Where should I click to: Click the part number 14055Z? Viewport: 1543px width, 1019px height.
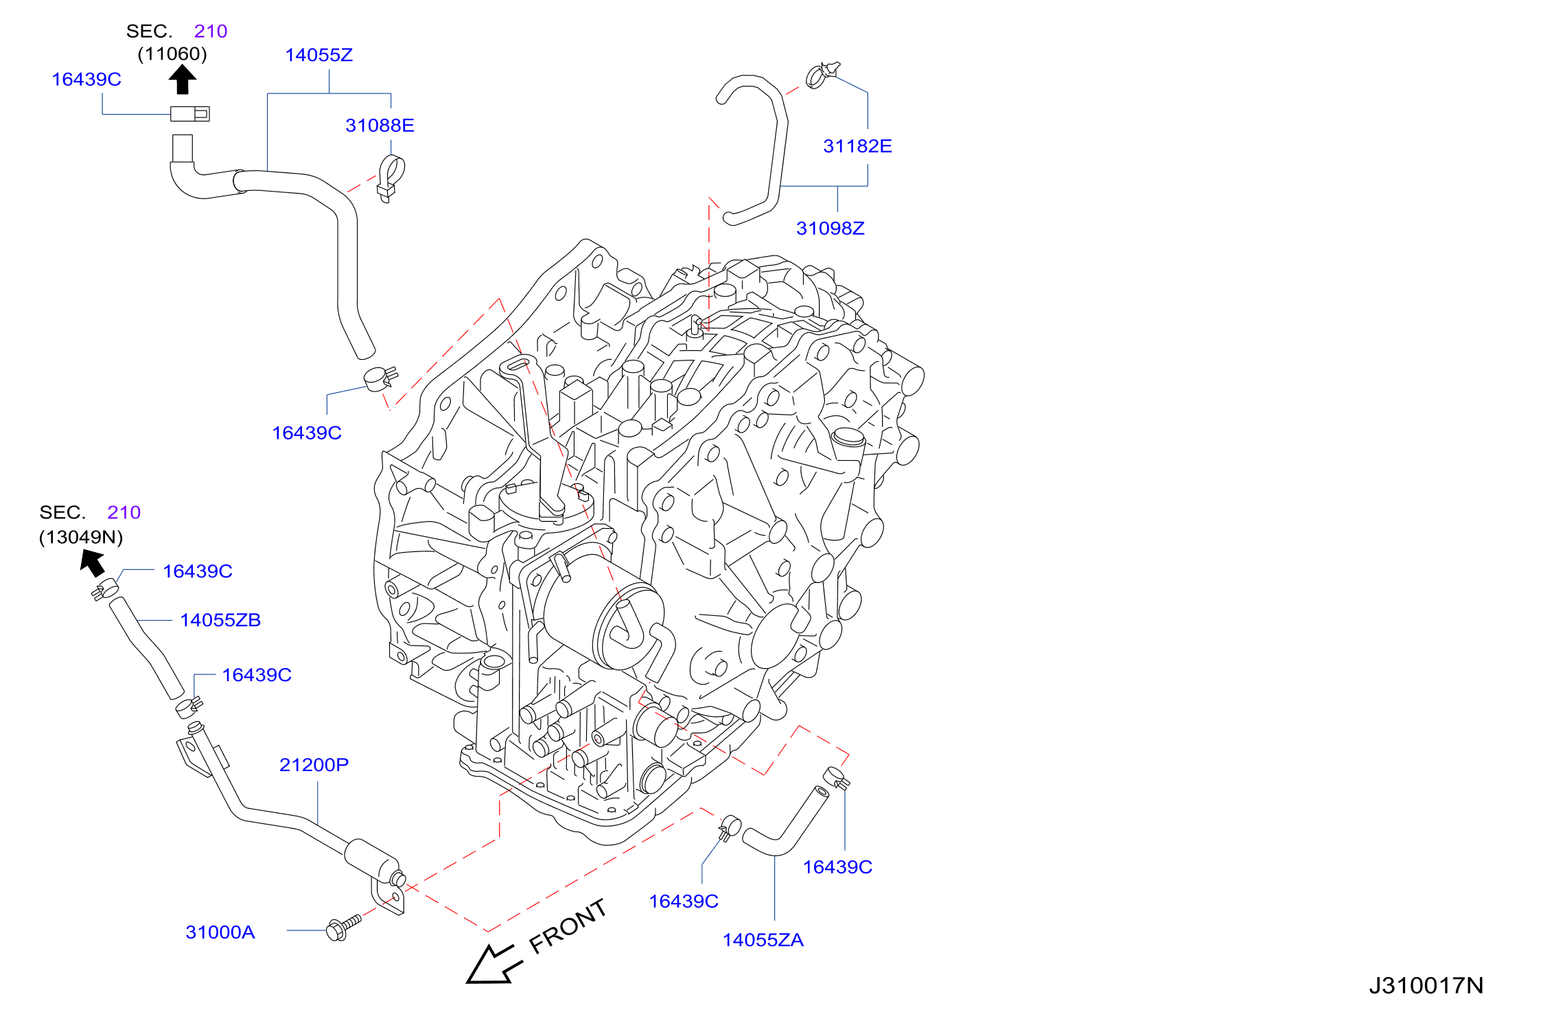click(319, 55)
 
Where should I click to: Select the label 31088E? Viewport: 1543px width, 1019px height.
click(380, 126)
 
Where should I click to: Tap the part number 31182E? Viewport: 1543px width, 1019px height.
click(857, 146)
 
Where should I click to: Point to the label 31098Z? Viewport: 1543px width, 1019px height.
click(831, 229)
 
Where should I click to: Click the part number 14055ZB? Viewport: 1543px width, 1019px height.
click(220, 620)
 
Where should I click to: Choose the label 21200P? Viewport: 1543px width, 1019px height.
click(314, 765)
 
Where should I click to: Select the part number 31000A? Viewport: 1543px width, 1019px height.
click(220, 932)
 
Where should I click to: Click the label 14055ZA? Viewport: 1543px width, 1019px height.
click(763, 940)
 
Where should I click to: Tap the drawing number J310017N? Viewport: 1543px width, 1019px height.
click(1426, 986)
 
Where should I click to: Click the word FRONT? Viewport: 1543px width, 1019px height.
click(568, 927)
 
